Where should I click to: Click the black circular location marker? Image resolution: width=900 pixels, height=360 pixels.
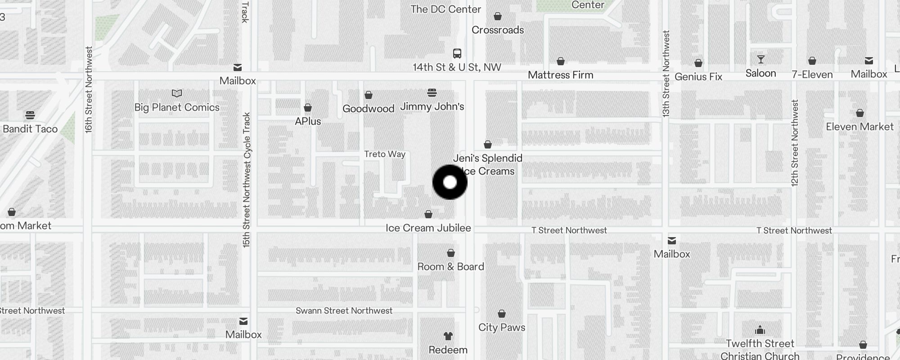pos(450,182)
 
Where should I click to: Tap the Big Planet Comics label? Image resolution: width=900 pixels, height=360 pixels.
pos(177,107)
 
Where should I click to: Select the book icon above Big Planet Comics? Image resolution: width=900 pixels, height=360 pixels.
pos(177,94)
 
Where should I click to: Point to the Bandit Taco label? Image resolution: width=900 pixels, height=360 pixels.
pos(30,129)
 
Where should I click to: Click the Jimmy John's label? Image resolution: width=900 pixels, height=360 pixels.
pos(432,107)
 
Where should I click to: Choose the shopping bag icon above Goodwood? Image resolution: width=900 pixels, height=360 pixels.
pos(369,95)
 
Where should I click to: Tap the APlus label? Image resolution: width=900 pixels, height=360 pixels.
pos(308,121)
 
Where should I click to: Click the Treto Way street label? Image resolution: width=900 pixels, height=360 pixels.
pos(385,154)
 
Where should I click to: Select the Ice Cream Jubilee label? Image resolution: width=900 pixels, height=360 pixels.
pos(428,228)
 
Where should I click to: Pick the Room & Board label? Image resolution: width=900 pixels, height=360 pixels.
pos(450,266)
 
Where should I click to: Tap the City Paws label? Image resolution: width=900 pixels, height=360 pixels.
pos(502,327)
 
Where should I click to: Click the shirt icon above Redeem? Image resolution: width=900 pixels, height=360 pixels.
pos(448,336)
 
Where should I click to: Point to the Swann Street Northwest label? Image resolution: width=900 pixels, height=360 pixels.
pos(344,310)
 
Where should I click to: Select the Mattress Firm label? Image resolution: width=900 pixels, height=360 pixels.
pos(560,75)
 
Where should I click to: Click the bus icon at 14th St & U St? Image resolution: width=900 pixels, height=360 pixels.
pos(457,54)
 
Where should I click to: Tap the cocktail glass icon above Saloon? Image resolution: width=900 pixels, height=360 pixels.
pos(761,59)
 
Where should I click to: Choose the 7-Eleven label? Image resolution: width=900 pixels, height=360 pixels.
pos(812,74)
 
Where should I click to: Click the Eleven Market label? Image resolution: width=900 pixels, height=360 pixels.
pos(859,127)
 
